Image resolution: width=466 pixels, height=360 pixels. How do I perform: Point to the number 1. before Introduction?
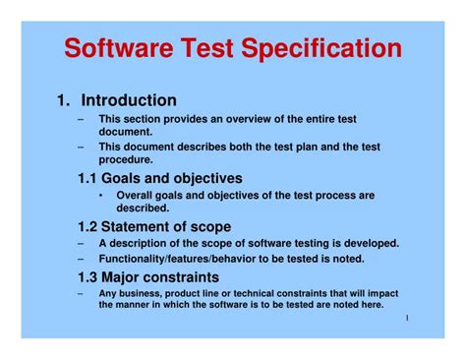[x=64, y=100]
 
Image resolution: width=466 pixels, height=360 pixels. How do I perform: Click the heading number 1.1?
[x=89, y=178]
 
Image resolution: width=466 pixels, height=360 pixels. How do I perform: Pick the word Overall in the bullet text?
[x=139, y=196]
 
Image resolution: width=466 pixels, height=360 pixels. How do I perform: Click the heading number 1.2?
[x=89, y=226]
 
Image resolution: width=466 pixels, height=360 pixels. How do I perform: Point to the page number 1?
[x=405, y=319]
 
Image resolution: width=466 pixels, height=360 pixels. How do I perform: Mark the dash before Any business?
[x=80, y=293]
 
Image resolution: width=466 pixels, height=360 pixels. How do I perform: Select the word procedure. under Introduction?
[x=125, y=159]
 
